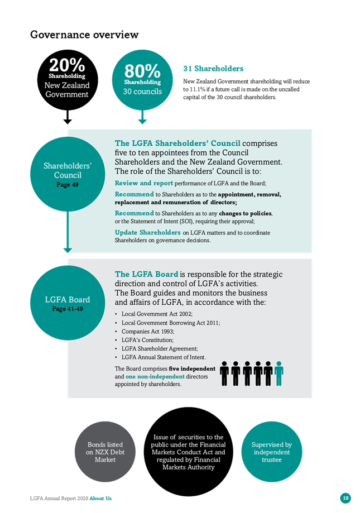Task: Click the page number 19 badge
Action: tap(345, 498)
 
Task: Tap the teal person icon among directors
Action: tap(279, 373)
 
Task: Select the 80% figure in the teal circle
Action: tap(142, 70)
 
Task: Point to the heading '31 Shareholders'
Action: tap(213, 68)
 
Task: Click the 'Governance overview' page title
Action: tap(84, 35)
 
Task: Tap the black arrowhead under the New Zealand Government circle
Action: tap(68, 121)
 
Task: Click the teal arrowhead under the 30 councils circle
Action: tap(142, 121)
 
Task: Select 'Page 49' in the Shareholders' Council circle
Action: tap(68, 185)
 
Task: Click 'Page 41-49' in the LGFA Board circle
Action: tap(68, 309)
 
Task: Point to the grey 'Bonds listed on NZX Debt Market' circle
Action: tap(105, 452)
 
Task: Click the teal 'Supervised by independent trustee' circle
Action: tap(271, 452)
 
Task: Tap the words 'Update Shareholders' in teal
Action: tap(147, 232)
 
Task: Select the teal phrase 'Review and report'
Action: tap(143, 183)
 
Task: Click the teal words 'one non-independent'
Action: tap(155, 376)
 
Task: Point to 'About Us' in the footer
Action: tap(100, 498)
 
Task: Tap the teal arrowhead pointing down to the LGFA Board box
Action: tap(68, 250)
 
